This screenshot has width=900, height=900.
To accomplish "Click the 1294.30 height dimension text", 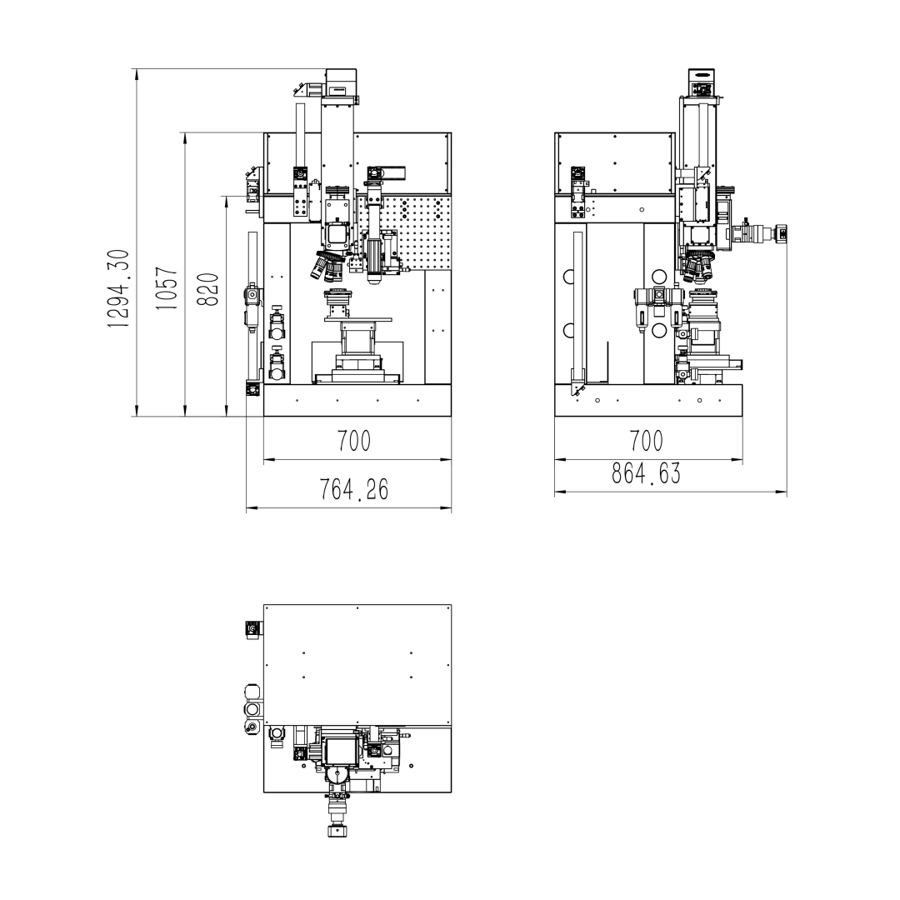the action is [x=119, y=288].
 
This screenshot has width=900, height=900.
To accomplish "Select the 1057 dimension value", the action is [x=167, y=288].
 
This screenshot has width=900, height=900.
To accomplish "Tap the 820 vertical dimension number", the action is [x=208, y=289].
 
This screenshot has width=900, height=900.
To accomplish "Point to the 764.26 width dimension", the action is [x=353, y=490].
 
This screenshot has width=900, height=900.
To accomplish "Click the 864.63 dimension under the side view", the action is [x=647, y=473].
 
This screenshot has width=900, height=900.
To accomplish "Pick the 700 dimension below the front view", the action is [x=354, y=442].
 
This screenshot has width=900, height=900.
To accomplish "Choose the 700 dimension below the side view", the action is [x=647, y=442].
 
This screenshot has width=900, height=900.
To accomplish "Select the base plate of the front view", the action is [x=357, y=400].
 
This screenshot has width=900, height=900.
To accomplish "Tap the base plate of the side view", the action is [x=648, y=400].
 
